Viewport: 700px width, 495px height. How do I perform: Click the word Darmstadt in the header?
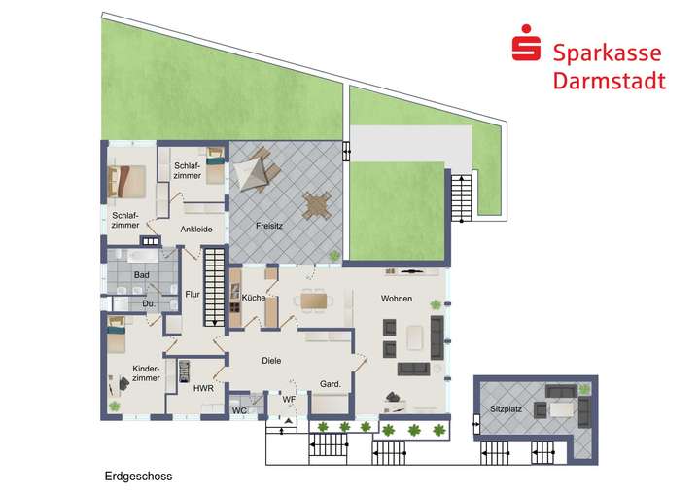click(x=609, y=81)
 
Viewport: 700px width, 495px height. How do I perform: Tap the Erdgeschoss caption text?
click(x=138, y=477)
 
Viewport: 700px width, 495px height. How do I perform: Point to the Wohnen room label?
click(x=396, y=298)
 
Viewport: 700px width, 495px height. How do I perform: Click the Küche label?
click(x=254, y=298)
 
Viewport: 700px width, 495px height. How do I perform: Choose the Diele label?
click(x=271, y=360)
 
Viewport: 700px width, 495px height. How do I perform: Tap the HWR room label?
click(x=203, y=388)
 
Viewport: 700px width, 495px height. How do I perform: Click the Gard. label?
click(x=331, y=385)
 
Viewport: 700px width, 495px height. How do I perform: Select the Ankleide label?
click(x=195, y=230)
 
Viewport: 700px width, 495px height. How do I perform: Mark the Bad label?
click(x=141, y=275)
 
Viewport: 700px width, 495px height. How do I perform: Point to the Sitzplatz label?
click(x=507, y=409)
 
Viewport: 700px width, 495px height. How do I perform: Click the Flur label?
click(x=192, y=295)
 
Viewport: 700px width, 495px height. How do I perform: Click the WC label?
click(x=238, y=410)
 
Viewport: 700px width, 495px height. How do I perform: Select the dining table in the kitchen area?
click(x=313, y=301)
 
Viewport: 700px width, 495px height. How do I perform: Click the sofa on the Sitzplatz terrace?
click(x=561, y=392)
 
